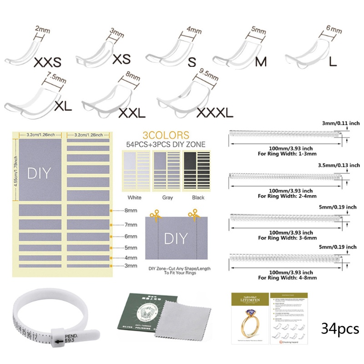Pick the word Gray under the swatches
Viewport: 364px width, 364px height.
point(167,197)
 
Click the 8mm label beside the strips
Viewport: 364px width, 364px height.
point(131,211)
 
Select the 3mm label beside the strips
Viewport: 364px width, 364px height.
point(131,265)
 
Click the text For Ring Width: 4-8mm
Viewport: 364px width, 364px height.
point(286,277)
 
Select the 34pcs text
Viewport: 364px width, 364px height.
point(339,329)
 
